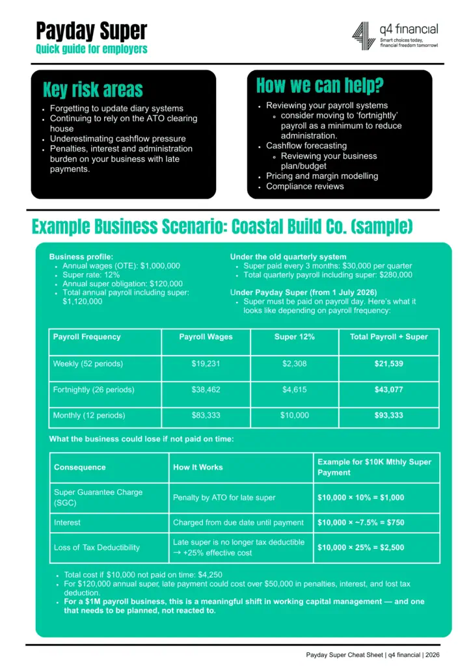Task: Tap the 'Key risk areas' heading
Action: point(92,90)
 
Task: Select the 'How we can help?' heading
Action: point(319,85)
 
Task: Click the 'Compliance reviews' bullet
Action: point(305,186)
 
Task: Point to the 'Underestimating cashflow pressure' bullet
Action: point(118,139)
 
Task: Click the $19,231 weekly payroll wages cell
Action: point(206,364)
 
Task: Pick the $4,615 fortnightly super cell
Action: point(294,390)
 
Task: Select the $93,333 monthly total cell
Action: point(388,415)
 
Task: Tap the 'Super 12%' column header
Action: point(294,337)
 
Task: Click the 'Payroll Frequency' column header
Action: point(87,337)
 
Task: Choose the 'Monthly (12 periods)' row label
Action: point(89,415)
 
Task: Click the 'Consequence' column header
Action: point(79,467)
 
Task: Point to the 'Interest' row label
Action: point(68,522)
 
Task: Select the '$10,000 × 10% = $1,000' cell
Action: point(360,498)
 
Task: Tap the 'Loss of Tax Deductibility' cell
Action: point(97,548)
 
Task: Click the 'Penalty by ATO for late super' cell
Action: point(224,498)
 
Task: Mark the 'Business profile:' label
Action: point(81,257)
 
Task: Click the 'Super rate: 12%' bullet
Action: point(90,275)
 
